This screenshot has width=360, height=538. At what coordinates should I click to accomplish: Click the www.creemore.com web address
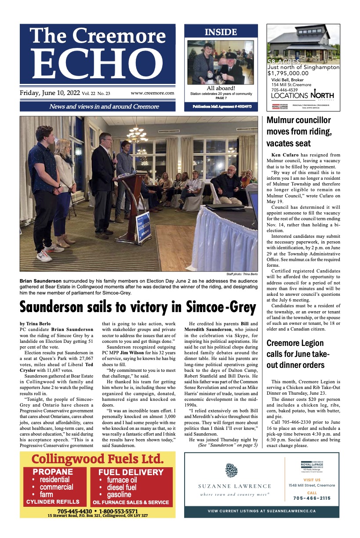click(x=152, y=93)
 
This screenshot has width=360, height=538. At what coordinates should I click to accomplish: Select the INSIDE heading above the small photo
click(x=221, y=32)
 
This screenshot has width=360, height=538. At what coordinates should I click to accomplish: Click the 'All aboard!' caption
click(x=221, y=88)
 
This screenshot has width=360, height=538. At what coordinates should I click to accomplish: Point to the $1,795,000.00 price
click(x=288, y=73)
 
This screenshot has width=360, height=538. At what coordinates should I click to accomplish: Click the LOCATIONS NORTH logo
click(x=302, y=95)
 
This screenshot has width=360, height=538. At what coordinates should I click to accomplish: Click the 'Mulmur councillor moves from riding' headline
click(x=298, y=131)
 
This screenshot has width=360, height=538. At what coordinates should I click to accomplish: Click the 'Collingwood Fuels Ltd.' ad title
click(x=98, y=460)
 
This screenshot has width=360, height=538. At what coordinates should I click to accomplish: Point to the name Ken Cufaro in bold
click(x=284, y=155)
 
